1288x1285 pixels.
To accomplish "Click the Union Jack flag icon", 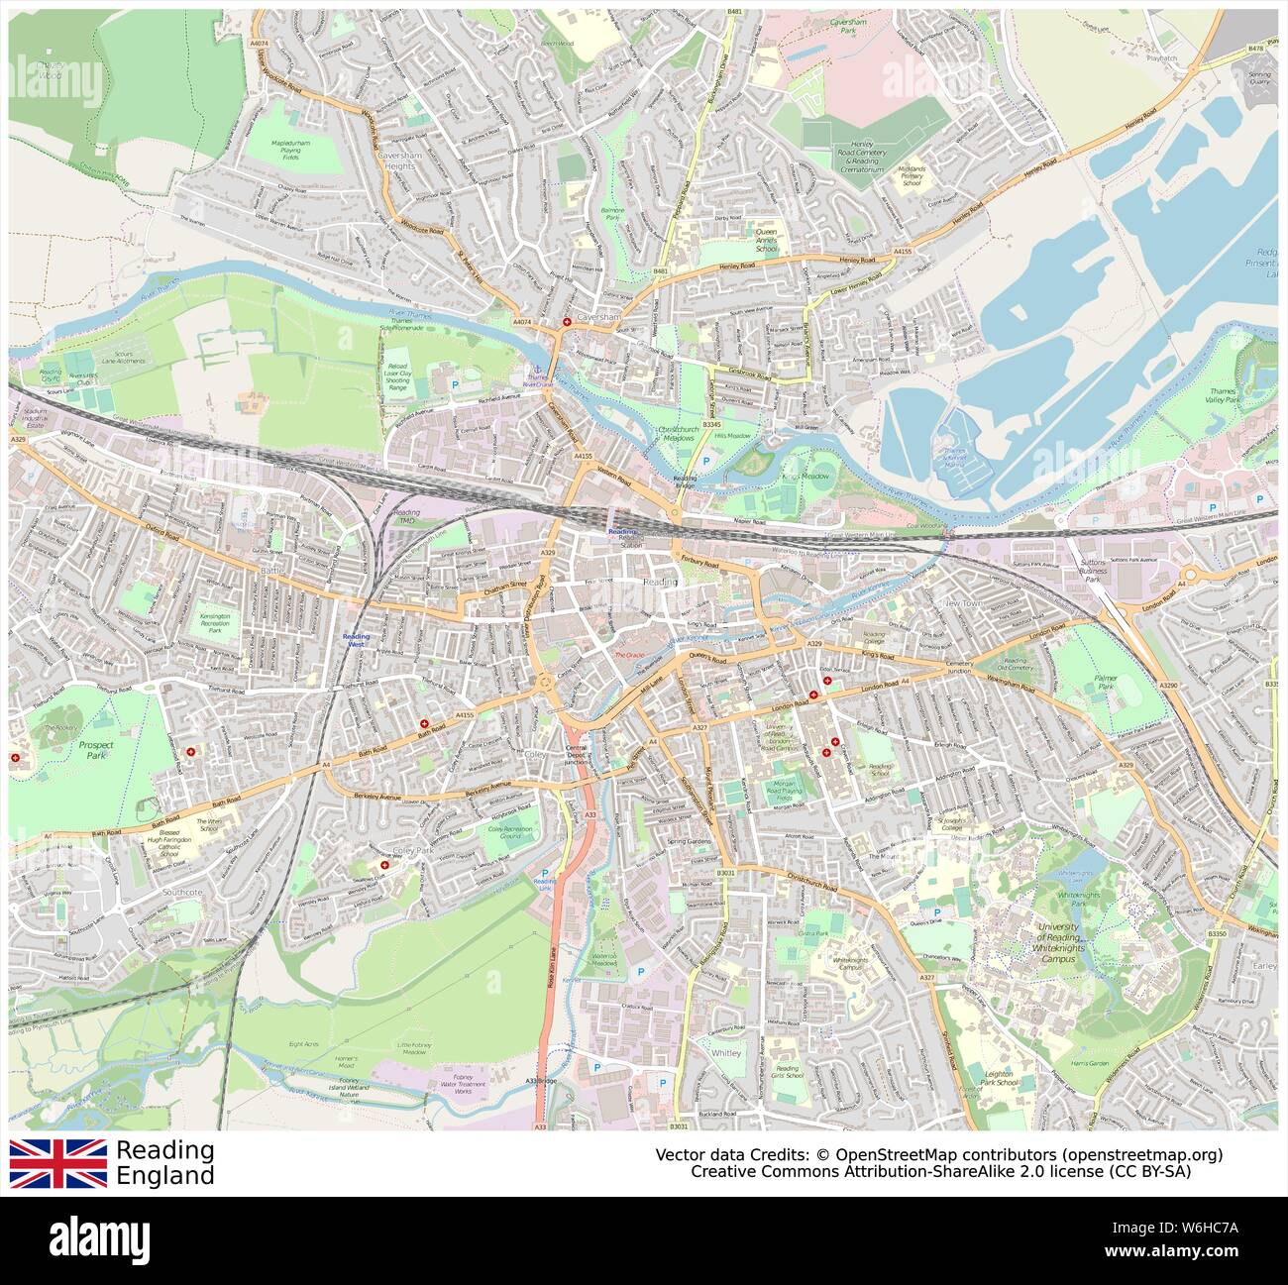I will point(58,1163).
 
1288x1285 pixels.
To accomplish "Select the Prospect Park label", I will point(95,750).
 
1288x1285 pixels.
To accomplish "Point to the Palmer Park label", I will point(1106,684).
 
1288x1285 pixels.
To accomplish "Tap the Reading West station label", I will point(355,641).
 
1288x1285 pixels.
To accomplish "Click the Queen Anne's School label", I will point(767,240).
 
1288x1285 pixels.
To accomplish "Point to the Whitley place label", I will point(725,1052).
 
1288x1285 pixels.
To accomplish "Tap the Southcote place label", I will point(182,893).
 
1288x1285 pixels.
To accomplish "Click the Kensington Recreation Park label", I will point(215,622).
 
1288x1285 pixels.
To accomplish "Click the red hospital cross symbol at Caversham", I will point(567,323).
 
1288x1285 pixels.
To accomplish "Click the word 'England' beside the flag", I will point(164,1176).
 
